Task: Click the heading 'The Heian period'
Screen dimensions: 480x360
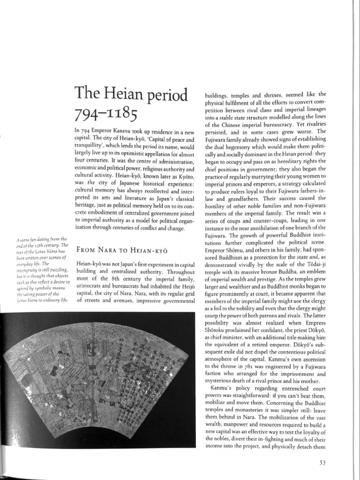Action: [131, 96]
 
